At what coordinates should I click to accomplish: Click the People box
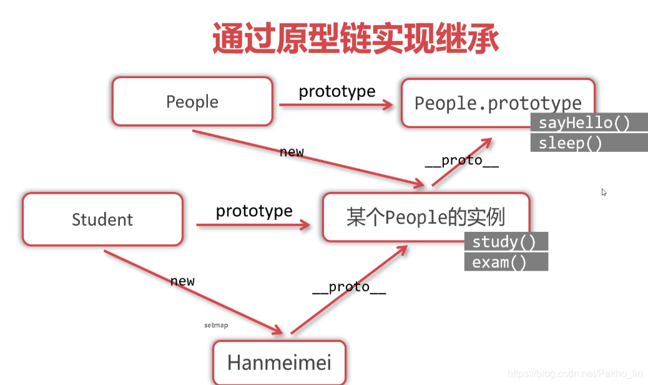192,102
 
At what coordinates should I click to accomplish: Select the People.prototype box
498,102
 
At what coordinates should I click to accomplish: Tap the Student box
102,219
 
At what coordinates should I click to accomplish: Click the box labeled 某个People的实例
426,217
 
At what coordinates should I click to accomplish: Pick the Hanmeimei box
279,362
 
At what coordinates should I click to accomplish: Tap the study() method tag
506,242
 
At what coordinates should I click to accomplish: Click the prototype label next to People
337,91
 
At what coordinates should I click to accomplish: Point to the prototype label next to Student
254,211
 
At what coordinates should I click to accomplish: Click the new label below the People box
292,152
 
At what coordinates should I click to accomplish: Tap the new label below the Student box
182,281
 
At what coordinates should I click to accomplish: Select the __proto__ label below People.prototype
462,161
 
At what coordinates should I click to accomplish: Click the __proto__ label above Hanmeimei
349,287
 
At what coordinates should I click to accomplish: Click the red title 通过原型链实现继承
355,39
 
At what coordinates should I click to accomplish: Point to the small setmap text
216,326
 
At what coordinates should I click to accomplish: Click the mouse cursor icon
604,192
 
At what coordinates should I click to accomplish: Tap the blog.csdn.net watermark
575,374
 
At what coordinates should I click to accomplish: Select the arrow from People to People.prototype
336,106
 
